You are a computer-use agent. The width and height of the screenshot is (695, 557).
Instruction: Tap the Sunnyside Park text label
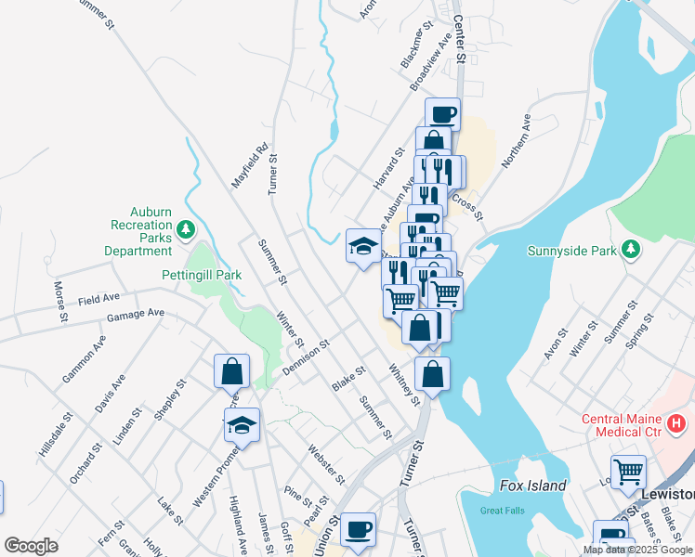tap(571, 250)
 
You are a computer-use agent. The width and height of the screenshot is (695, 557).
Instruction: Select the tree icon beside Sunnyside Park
tap(631, 249)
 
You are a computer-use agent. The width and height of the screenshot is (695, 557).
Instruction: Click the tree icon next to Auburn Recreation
tap(185, 228)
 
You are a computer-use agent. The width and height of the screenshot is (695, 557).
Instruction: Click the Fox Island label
tap(532, 486)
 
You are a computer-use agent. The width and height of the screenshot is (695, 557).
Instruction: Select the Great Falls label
tap(502, 510)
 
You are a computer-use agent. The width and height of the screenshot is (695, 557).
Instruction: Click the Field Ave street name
tap(98, 299)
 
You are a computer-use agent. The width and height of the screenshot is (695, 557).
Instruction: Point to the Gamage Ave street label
tap(135, 314)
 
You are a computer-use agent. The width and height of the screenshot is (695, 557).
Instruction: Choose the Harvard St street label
tap(389, 168)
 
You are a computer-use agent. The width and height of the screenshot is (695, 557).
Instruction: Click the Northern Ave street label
tap(516, 142)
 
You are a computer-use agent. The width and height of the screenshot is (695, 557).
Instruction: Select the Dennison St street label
tap(307, 356)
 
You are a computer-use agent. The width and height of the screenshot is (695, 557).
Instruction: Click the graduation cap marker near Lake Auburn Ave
tap(362, 246)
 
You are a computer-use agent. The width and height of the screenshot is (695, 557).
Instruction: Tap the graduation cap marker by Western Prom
tap(243, 424)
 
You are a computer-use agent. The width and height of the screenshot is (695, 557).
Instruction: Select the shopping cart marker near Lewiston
tap(628, 472)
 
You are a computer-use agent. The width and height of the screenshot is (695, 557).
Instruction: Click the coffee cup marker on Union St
tap(358, 530)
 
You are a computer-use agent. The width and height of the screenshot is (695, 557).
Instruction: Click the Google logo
tap(32, 546)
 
